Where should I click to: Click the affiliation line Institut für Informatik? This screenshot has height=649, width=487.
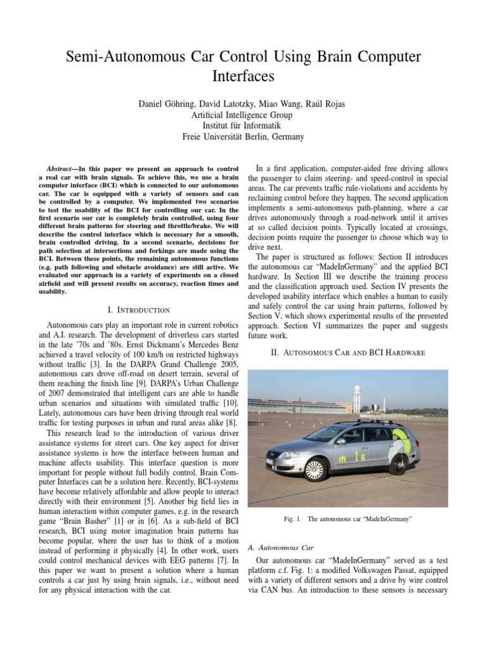pos(243,125)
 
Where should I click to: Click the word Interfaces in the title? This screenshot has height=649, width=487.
pos(243,77)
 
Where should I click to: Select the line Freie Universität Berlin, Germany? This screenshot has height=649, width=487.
pos(243,137)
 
